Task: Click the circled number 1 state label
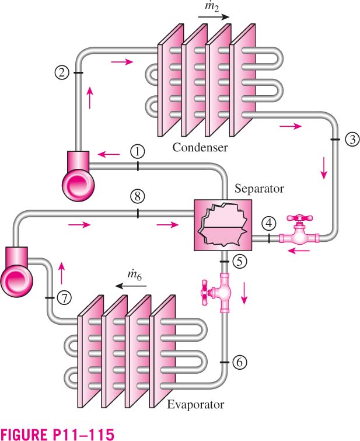[138, 152]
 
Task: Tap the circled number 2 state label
[61, 72]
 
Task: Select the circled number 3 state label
[352, 140]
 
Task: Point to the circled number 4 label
[269, 224]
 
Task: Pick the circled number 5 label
[239, 262]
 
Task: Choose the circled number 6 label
[239, 362]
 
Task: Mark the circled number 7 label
[64, 297]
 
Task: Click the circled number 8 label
[138, 196]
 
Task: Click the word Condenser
[200, 147]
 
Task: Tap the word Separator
[259, 189]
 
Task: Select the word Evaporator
[195, 405]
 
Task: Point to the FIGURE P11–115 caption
[57, 433]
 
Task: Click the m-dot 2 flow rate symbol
[212, 6]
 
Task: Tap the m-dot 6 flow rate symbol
[134, 275]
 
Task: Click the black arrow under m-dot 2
[214, 17]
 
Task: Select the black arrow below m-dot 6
[131, 286]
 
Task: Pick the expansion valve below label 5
[221, 293]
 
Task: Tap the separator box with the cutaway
[223, 225]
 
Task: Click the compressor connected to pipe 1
[78, 176]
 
